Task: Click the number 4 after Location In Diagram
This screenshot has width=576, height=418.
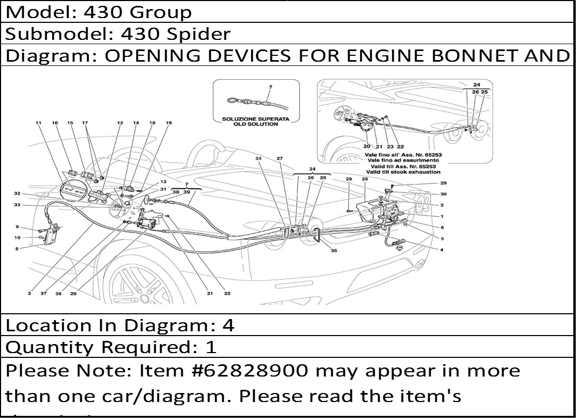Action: click(228, 325)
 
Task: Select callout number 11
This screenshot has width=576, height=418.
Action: click(38, 123)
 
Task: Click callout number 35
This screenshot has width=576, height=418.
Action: click(334, 250)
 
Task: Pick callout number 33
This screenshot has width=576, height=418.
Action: click(17, 205)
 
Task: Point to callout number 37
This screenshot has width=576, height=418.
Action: click(44, 293)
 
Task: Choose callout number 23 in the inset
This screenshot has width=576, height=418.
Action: click(390, 147)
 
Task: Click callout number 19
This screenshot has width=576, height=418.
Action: click(169, 123)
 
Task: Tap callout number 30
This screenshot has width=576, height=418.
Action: click(443, 194)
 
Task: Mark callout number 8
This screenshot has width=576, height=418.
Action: click(17, 248)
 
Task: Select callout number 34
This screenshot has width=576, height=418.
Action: click(258, 158)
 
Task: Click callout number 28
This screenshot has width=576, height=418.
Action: click(365, 179)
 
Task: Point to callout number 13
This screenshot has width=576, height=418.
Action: click(163, 182)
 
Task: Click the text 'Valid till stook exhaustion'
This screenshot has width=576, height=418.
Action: click(403, 172)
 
